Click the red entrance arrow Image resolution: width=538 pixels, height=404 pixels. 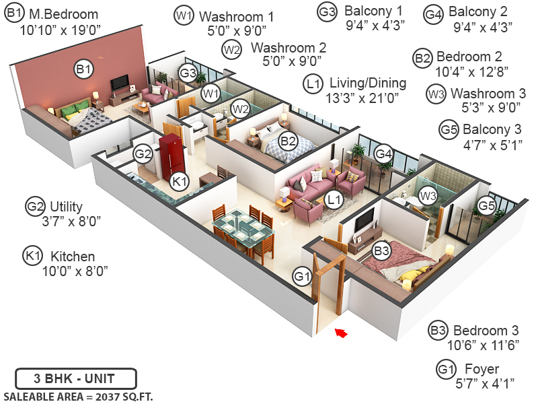pos(342,331)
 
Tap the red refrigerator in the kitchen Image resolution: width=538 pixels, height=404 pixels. pos(171,157)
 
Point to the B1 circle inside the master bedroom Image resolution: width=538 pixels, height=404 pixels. pos(83,69)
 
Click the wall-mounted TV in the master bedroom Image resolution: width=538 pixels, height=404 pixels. pos(120,83)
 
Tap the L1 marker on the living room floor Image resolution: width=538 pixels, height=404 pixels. pos(334,199)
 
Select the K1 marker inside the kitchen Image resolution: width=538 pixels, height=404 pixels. pos(179,181)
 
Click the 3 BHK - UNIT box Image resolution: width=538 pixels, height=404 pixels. pos(75,378)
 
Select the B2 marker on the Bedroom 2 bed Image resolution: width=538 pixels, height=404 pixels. pos(288,141)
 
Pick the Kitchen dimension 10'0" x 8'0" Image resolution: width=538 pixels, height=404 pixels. pos(75,270)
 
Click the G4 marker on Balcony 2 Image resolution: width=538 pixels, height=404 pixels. pos(383,154)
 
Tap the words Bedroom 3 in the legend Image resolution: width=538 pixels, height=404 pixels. pos(486,331)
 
